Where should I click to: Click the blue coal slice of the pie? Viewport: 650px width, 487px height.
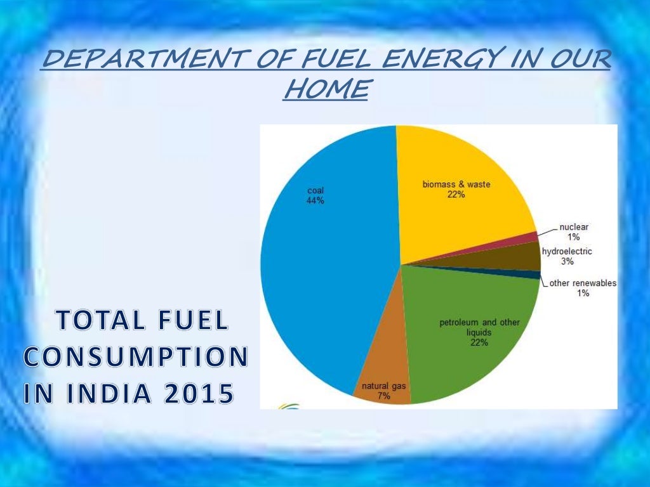tap(317, 266)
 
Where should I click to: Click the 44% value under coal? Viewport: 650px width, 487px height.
tap(315, 200)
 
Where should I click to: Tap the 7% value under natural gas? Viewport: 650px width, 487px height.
tap(383, 396)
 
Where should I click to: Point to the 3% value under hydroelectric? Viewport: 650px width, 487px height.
tap(567, 261)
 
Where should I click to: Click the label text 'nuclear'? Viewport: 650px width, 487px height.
tap(574, 227)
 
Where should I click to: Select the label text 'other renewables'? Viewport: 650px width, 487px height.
tap(583, 283)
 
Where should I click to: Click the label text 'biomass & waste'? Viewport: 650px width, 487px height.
tap(456, 185)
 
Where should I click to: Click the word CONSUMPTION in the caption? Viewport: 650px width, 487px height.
tap(135, 358)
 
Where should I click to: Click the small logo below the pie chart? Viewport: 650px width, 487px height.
tap(289, 405)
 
